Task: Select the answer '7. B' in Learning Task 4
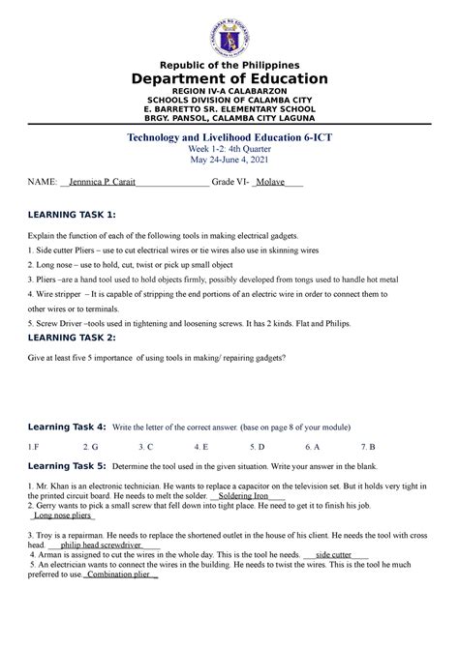coord(368,447)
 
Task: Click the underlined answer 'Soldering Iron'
coord(250,495)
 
